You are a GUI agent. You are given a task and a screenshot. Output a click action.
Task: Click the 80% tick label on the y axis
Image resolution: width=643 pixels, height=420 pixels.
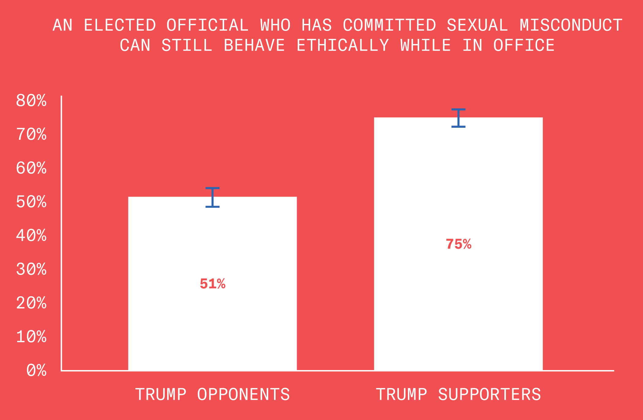click(x=31, y=101)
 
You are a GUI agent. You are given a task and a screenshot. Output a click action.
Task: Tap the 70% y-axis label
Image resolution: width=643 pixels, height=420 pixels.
click(x=31, y=134)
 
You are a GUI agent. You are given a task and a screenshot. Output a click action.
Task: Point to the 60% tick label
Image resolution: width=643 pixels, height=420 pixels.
click(x=31, y=168)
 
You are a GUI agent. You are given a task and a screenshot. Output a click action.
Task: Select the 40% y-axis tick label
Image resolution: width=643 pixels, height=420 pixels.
click(x=31, y=236)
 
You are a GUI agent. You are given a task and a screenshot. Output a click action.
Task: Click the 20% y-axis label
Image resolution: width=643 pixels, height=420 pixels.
click(x=31, y=303)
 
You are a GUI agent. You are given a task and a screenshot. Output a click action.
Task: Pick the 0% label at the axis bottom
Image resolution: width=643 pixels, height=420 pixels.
click(x=36, y=370)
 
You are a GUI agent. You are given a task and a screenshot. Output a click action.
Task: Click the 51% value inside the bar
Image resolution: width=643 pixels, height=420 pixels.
click(x=212, y=284)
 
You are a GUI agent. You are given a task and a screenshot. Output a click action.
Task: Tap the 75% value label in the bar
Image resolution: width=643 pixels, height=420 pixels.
click(x=458, y=244)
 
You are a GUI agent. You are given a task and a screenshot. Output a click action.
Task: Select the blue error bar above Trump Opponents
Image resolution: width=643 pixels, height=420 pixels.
click(x=212, y=197)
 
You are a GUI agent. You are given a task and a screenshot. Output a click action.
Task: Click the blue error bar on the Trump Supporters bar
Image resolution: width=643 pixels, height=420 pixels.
click(x=458, y=118)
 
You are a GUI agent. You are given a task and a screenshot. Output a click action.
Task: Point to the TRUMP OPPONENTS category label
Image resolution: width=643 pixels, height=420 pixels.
click(x=212, y=394)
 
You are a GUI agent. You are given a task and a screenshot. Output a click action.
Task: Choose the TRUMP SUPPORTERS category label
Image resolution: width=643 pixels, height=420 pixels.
click(x=458, y=394)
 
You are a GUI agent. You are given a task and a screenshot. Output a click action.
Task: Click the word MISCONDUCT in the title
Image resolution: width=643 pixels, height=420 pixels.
click(x=571, y=25)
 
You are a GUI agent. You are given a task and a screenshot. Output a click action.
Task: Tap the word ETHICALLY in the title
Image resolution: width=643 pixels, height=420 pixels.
click(x=343, y=45)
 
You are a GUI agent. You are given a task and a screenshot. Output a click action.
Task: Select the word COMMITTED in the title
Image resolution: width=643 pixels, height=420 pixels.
click(x=389, y=25)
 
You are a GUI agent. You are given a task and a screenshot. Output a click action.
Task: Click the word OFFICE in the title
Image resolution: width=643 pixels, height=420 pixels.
click(x=524, y=45)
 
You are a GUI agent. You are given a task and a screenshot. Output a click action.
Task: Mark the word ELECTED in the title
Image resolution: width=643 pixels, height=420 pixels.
click(x=120, y=25)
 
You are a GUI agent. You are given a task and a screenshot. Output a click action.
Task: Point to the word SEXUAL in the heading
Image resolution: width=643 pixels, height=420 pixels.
click(x=477, y=25)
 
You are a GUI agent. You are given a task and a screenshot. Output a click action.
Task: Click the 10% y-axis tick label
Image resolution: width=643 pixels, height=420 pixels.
click(x=31, y=337)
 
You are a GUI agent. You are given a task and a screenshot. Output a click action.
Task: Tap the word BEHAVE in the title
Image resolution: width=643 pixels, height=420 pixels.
click(x=254, y=45)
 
